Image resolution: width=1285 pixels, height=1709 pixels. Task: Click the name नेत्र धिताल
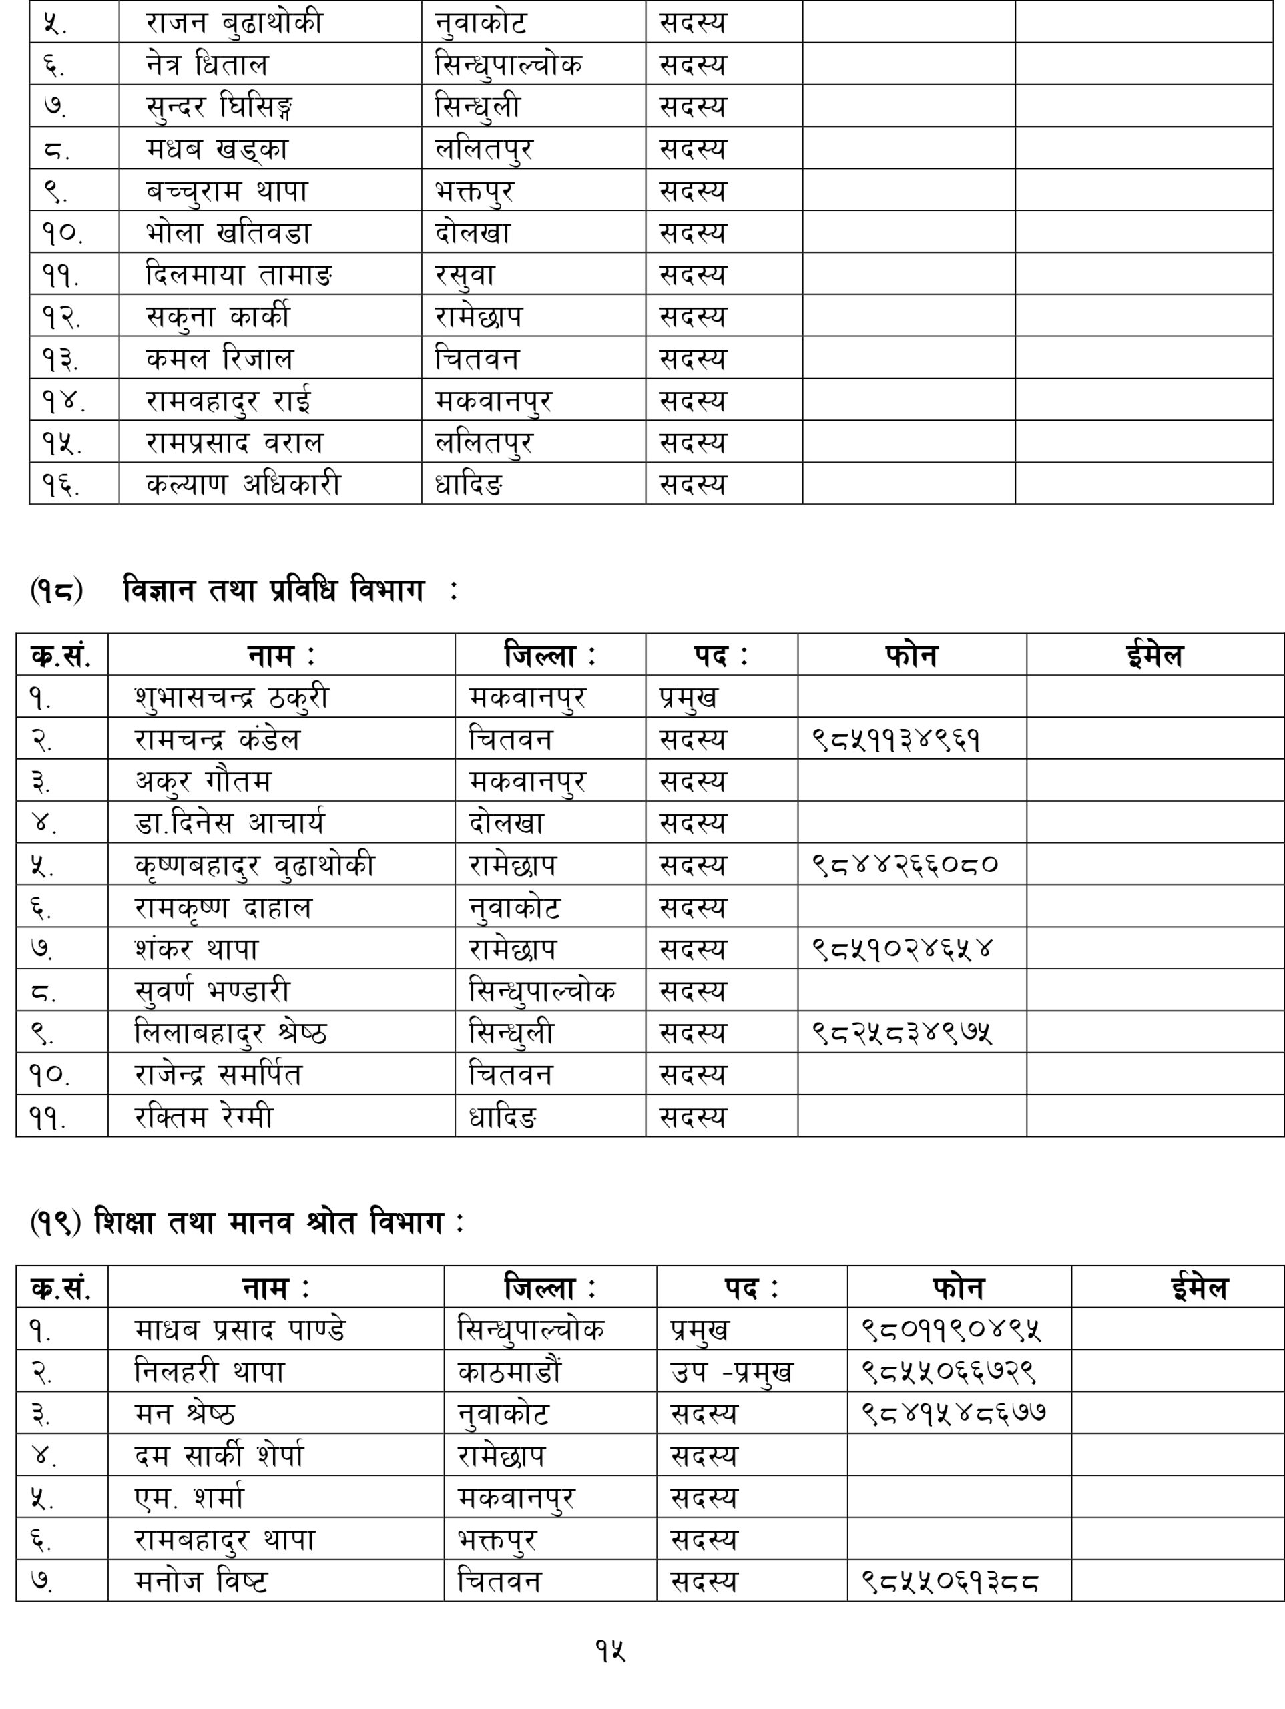(x=206, y=64)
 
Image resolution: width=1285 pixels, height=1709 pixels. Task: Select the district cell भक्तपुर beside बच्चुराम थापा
(x=475, y=191)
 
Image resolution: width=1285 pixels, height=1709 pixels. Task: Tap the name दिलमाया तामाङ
(x=239, y=275)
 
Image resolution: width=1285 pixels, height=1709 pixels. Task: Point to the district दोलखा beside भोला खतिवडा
(x=473, y=232)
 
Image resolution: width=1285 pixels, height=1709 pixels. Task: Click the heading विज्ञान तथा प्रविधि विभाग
(x=274, y=591)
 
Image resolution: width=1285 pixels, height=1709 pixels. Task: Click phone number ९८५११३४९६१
(x=896, y=740)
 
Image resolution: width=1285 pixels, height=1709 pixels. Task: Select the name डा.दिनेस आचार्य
(x=230, y=823)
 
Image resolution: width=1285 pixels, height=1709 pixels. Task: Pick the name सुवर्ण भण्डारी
(x=212, y=991)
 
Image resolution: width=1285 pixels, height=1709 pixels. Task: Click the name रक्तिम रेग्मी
(x=204, y=1116)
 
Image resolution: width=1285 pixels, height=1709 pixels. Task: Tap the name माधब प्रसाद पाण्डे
(x=240, y=1330)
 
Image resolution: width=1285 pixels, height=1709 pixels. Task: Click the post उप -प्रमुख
(x=731, y=1372)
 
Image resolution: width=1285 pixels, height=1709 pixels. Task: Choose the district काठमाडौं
(x=509, y=1372)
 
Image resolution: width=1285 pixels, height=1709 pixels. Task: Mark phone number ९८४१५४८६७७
(x=955, y=1413)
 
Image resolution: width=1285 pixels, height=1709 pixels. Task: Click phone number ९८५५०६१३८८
(x=950, y=1581)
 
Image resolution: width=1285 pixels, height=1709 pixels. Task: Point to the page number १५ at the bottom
(x=610, y=1651)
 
